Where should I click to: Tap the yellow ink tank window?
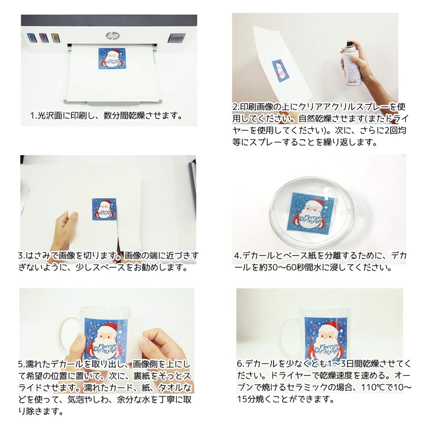coord(55,38)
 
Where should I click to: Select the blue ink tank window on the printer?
coord(31,38)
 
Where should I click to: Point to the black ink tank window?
coord(174,38)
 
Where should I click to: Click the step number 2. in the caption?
coord(237,106)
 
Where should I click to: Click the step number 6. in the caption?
coord(240,364)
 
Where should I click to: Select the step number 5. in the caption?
coord(22,364)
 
